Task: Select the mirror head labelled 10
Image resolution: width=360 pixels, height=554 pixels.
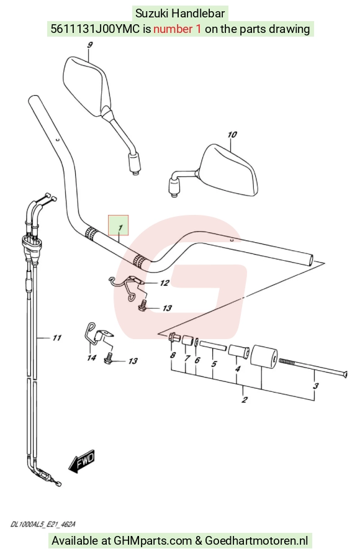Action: tap(228, 170)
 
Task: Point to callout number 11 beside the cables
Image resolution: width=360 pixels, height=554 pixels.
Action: tap(57, 338)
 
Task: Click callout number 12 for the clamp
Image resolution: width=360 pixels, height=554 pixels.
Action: tap(164, 283)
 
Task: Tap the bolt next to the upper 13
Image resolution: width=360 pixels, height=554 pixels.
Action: tap(143, 306)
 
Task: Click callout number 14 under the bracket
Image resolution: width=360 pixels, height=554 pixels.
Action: tap(91, 358)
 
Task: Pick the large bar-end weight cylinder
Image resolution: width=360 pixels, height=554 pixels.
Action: tap(264, 355)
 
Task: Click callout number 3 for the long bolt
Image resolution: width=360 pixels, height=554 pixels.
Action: tap(315, 386)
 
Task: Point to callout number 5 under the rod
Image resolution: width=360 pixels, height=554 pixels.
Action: tap(214, 364)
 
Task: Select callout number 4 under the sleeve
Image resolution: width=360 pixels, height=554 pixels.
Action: tap(238, 369)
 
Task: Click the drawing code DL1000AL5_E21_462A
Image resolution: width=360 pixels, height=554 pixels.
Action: tap(42, 524)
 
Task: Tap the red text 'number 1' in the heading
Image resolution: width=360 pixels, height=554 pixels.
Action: tap(177, 29)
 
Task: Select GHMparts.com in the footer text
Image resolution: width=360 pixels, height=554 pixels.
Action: tap(153, 540)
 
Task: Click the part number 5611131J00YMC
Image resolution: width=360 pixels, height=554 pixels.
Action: tap(96, 29)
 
